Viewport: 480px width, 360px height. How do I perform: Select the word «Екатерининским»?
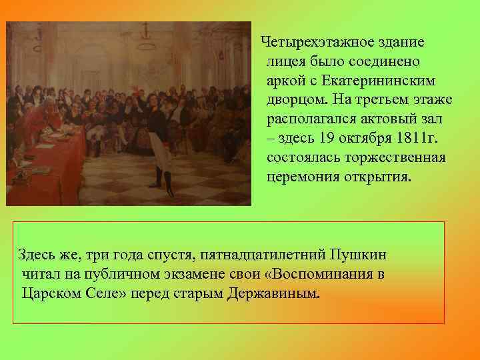click(378, 81)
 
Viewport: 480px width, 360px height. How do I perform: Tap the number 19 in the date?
click(326, 139)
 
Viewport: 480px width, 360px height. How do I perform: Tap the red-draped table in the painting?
click(40, 160)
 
